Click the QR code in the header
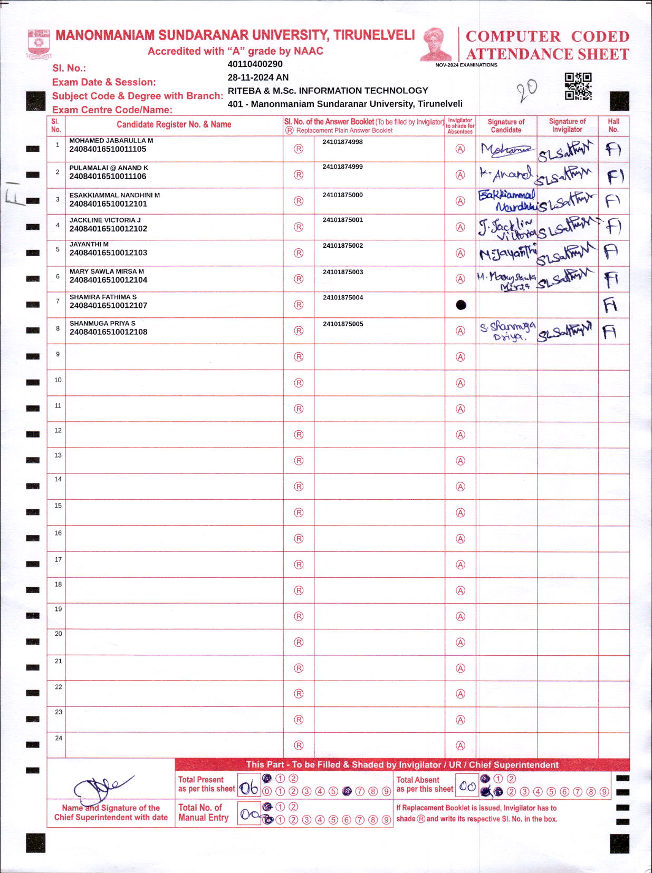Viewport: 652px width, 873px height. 578,86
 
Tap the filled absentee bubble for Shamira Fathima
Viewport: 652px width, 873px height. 461,305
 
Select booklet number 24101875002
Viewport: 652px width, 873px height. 343,246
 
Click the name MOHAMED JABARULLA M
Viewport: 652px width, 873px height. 111,141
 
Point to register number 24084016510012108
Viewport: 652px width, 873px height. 108,332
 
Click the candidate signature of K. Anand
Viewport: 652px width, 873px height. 505,174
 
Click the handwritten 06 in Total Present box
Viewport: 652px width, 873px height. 250,788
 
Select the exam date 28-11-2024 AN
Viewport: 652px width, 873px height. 258,77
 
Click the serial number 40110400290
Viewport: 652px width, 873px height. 255,64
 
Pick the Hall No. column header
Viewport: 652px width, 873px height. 613,125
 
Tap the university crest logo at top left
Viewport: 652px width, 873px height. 39,44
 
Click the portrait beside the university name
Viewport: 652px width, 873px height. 436,44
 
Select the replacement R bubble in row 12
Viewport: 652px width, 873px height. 299,435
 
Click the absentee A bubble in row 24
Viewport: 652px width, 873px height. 461,745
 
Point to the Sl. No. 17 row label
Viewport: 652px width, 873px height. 58,559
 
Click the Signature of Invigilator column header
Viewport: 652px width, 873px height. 567,125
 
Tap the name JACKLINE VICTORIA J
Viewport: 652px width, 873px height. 105,220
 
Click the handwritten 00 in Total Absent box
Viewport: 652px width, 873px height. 467,787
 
